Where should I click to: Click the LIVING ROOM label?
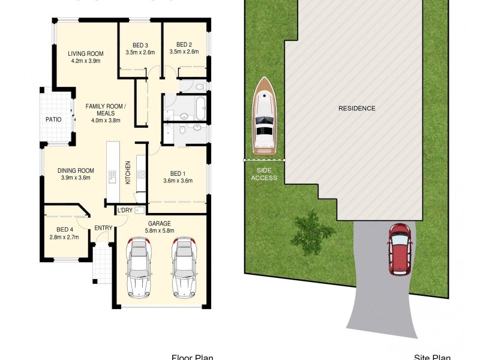[86, 53]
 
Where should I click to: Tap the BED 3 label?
[140, 44]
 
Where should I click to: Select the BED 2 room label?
[184, 44]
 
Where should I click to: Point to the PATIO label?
[54, 119]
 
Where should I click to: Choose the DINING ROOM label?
[76, 170]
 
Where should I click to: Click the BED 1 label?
[178, 173]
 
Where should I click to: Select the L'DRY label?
[125, 210]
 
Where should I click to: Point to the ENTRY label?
[103, 227]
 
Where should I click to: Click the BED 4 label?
[64, 229]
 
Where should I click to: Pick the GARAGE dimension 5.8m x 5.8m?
[160, 230]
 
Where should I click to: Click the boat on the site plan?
[264, 115]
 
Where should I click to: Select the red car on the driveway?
[399, 249]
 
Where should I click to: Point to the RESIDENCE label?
[356, 109]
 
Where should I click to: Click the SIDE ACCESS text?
[264, 174]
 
